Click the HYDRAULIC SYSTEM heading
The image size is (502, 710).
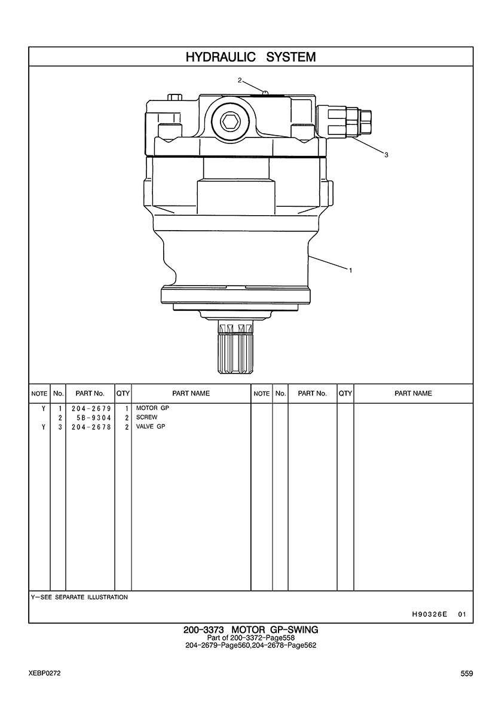[x=250, y=57]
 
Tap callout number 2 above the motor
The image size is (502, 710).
[x=240, y=80]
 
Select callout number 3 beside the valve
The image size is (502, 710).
[x=386, y=155]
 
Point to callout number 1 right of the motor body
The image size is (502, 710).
[x=350, y=270]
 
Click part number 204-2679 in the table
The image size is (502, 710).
[x=91, y=408]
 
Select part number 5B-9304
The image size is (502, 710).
[x=94, y=418]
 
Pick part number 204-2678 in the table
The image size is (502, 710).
[x=91, y=427]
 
